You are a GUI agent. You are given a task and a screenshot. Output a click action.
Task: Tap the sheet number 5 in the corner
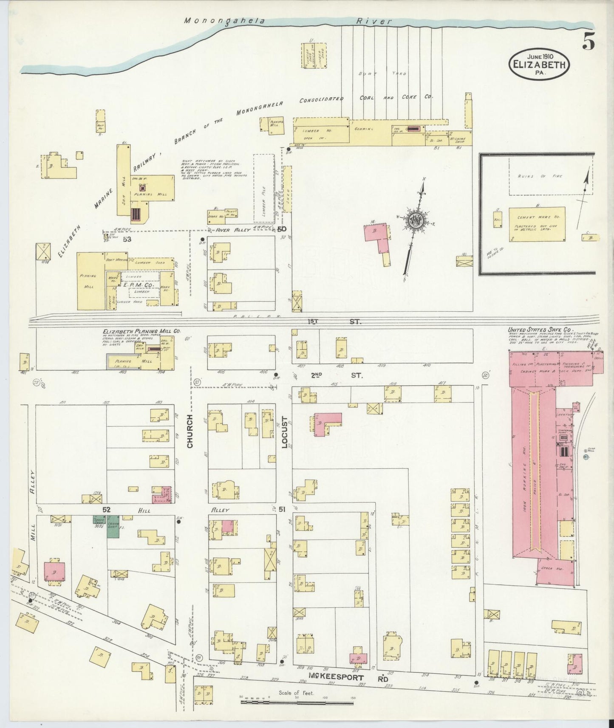point(589,41)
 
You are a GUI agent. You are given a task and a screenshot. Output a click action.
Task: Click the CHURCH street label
point(190,431)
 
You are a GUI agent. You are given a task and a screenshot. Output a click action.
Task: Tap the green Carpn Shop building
point(113,527)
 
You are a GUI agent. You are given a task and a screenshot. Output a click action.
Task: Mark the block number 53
point(126,239)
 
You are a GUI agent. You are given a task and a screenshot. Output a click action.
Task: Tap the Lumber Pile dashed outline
point(264,188)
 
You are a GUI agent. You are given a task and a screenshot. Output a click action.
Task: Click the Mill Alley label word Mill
point(32,530)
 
